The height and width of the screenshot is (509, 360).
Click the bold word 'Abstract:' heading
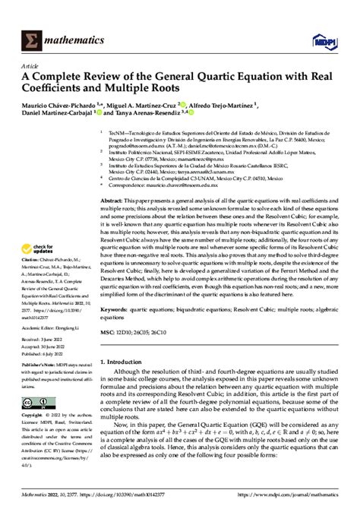tap(111, 200)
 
